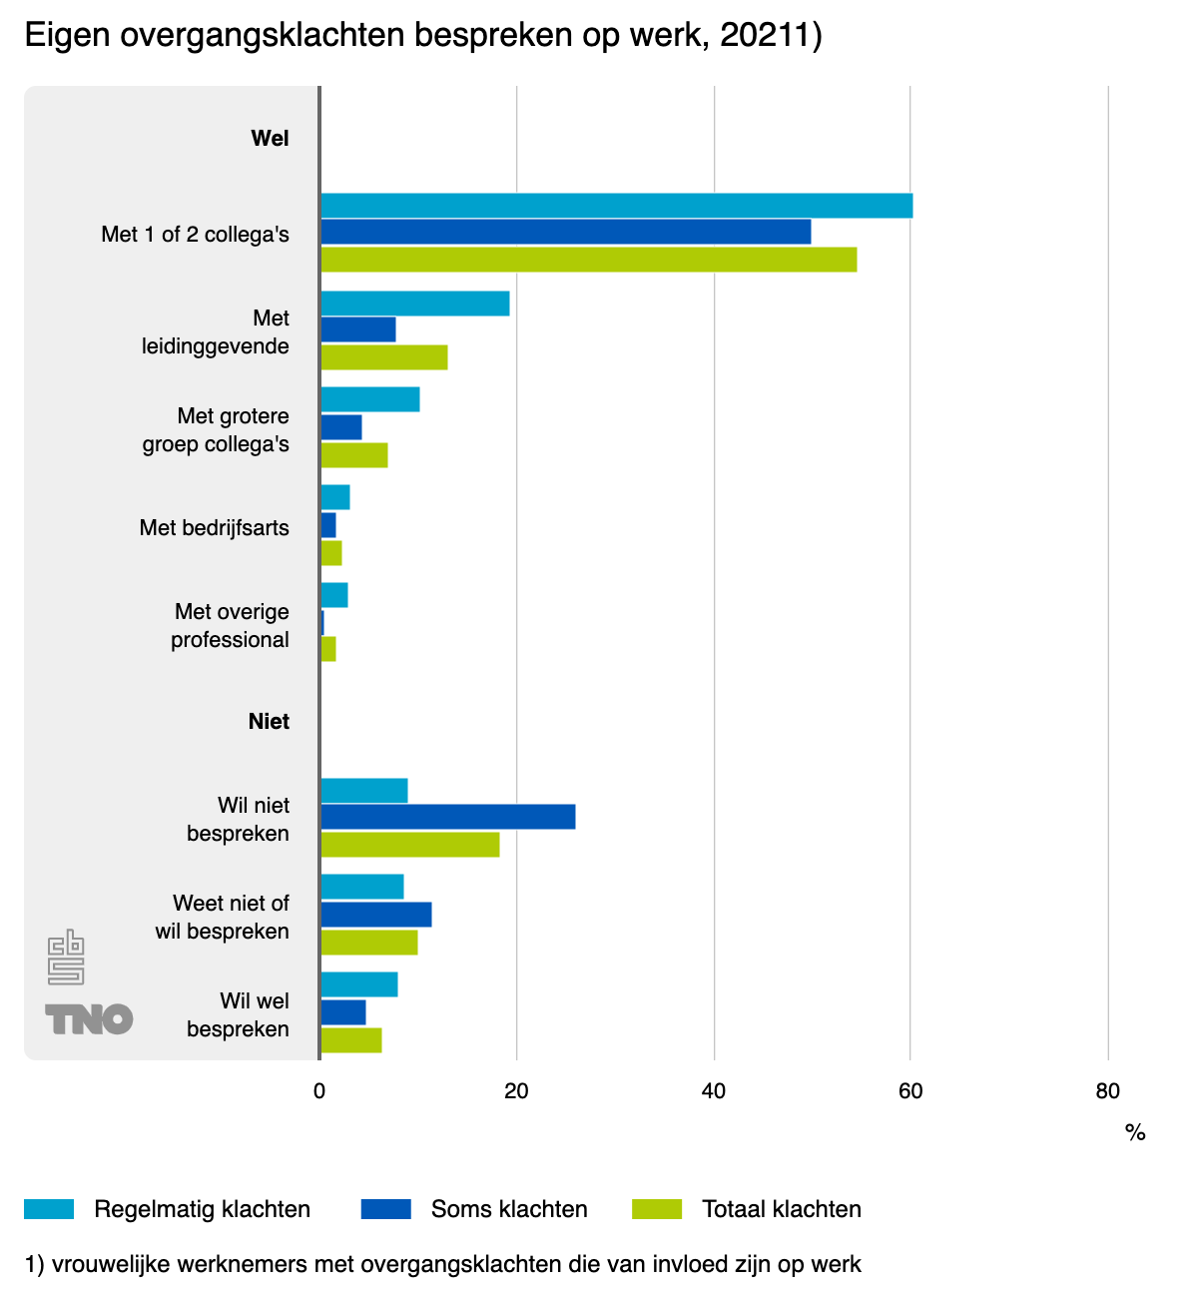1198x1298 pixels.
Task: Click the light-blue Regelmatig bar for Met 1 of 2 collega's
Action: (616, 206)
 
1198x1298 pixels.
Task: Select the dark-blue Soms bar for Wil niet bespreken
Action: (447, 817)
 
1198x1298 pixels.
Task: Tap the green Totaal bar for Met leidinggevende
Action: (383, 357)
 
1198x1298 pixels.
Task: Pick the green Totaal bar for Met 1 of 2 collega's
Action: (588, 260)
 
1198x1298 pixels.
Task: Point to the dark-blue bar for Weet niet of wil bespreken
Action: (375, 915)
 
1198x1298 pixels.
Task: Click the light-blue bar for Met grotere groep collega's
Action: (369, 399)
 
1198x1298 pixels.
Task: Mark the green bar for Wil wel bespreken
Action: (350, 1040)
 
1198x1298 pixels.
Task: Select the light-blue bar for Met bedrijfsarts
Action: (334, 497)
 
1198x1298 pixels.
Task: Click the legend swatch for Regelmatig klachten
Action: (49, 1209)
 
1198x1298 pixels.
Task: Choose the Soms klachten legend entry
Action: (509, 1209)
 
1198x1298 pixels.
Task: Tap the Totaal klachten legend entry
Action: (781, 1209)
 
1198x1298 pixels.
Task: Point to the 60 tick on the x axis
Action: (910, 1091)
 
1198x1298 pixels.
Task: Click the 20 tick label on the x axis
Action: (516, 1091)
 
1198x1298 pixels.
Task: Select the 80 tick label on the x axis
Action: (1107, 1091)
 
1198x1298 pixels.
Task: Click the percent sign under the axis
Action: (1135, 1132)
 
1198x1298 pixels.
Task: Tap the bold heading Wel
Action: (270, 138)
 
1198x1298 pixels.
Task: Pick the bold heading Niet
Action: (269, 721)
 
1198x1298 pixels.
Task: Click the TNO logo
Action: (89, 1019)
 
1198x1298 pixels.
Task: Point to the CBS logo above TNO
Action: (66, 958)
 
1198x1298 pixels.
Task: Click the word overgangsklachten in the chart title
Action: (263, 35)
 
